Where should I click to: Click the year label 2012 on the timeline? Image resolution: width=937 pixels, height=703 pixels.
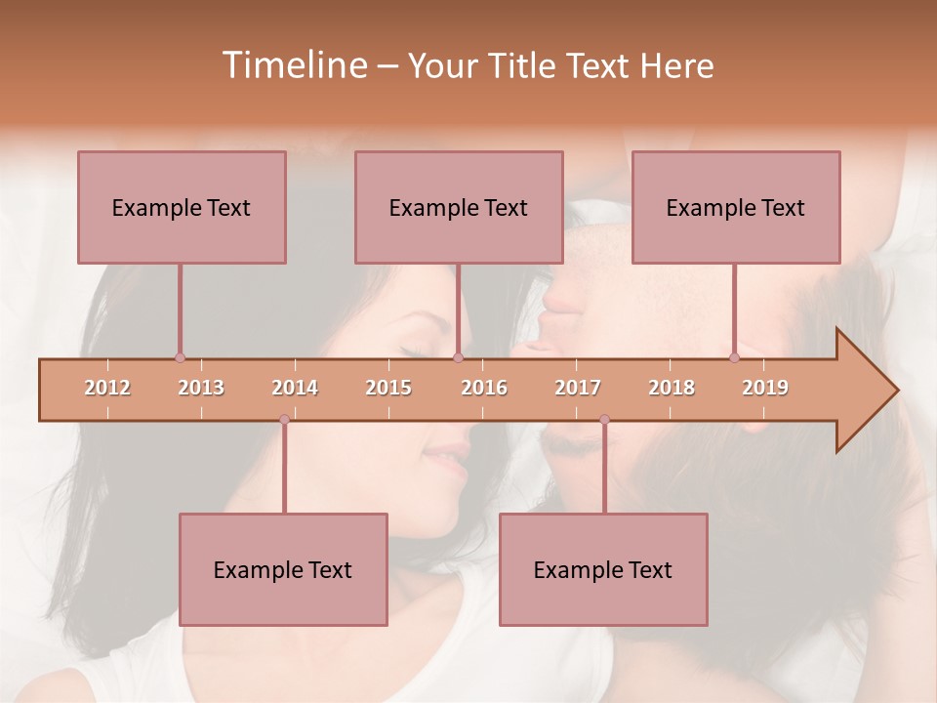[107, 388]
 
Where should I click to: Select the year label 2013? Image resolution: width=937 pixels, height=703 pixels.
[201, 388]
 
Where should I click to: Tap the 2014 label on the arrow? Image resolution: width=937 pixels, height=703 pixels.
[295, 388]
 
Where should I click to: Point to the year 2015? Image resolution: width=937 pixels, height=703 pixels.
[388, 388]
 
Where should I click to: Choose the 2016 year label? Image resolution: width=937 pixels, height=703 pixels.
[484, 388]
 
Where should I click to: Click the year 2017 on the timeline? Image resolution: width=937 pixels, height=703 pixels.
[578, 388]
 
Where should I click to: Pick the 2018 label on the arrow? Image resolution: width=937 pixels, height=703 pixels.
[672, 388]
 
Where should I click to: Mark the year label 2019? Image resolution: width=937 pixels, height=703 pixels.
[765, 388]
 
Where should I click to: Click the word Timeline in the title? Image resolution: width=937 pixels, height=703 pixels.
[292, 65]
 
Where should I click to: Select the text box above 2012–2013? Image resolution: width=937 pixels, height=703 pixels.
[182, 207]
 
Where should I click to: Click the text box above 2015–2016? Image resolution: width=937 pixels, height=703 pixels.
[459, 207]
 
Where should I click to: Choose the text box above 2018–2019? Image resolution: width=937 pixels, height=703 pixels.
[736, 207]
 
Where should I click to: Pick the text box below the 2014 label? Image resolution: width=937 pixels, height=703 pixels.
[283, 569]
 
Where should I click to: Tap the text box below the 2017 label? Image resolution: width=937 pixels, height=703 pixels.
[603, 569]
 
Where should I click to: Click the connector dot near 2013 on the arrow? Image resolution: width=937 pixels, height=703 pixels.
[180, 358]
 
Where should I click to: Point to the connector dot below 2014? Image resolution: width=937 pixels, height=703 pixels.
[284, 420]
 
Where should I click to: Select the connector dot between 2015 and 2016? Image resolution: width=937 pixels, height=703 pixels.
[458, 358]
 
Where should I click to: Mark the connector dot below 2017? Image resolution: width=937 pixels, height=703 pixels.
[604, 420]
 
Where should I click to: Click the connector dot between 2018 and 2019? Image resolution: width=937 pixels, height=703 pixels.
[735, 358]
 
